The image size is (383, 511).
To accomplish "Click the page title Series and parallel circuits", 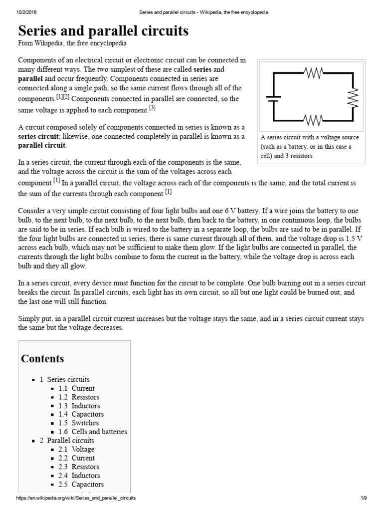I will (x=103, y=31).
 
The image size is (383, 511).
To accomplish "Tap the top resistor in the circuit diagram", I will (x=314, y=73).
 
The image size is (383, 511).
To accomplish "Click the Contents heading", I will (x=42, y=359).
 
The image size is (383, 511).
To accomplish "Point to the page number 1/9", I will (x=364, y=499).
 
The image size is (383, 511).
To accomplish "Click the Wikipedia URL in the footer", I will (x=76, y=499).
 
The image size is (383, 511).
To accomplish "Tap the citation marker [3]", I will (x=152, y=107).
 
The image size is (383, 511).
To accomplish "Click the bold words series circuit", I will (x=39, y=137).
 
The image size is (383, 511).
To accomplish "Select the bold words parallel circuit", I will (x=41, y=146).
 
